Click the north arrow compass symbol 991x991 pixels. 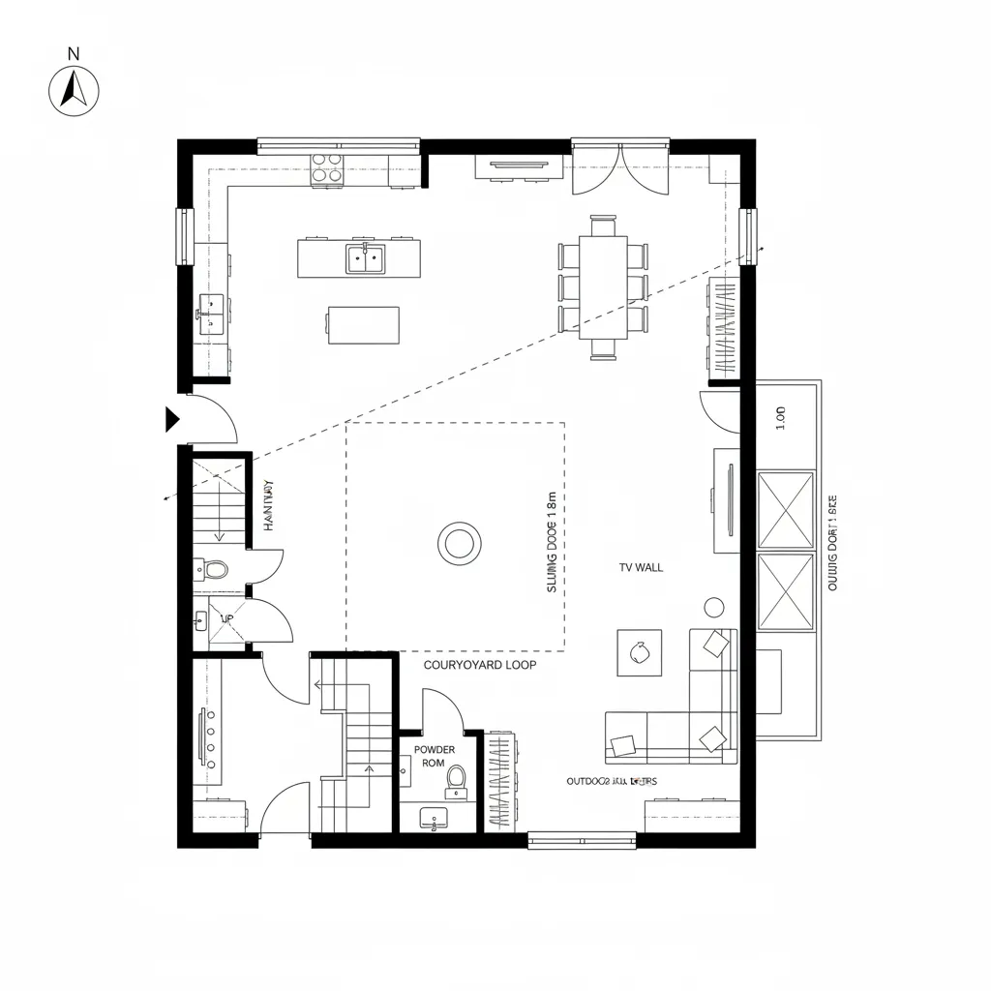pos(74,91)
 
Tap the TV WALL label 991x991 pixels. pos(641,568)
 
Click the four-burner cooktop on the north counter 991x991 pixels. pos(326,168)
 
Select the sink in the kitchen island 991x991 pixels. pos(365,258)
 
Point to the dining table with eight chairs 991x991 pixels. pos(603,286)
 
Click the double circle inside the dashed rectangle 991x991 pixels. pos(459,543)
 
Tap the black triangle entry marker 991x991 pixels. pos(172,419)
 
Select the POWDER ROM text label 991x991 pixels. pos(434,756)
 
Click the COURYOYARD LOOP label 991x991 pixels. pos(480,666)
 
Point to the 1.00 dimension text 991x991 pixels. pos(781,417)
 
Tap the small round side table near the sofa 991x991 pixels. pos(714,607)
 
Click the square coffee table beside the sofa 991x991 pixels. pos(640,652)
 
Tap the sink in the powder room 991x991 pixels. pos(433,818)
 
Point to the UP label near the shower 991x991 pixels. pos(227,618)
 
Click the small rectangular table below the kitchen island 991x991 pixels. pos(363,324)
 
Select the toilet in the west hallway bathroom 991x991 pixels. pos(216,569)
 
